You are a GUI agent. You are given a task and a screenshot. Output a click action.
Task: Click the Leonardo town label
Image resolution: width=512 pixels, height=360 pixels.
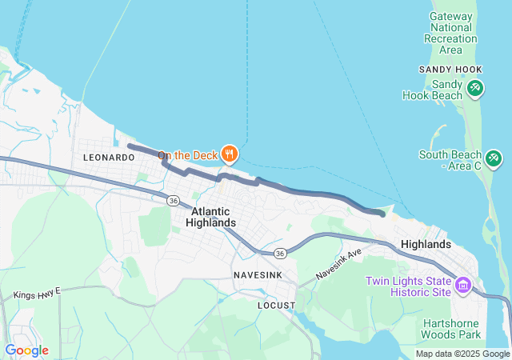(109, 158)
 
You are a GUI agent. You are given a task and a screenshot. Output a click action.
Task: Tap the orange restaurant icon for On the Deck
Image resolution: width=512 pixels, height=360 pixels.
(230, 154)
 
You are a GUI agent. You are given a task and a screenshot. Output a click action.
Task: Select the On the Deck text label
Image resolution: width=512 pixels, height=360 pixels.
(187, 155)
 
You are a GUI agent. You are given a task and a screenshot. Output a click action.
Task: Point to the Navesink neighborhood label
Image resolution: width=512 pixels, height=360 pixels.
(257, 275)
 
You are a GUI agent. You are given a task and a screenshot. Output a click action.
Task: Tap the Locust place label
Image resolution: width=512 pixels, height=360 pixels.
(276, 306)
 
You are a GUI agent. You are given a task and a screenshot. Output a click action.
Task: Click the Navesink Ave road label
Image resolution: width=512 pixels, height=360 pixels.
(338, 263)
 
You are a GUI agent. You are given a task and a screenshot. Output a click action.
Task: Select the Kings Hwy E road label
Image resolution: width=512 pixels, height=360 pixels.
(37, 294)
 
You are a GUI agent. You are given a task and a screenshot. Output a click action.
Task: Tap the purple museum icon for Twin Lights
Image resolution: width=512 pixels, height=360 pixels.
(463, 285)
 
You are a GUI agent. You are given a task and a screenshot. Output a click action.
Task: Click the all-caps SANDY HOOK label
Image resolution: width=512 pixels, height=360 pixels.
(450, 70)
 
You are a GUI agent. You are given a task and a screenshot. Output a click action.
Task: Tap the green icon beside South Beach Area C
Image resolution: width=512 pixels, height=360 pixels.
(494, 158)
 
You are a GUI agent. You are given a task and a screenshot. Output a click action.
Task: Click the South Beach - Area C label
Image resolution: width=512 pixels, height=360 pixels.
(450, 160)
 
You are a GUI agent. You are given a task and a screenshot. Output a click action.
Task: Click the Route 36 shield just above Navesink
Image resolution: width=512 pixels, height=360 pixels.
(279, 253)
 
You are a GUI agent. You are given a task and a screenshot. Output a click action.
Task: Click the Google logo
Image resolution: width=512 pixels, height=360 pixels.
(26, 350)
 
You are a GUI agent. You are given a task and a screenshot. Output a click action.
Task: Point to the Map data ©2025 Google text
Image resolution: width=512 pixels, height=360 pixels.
(462, 354)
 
